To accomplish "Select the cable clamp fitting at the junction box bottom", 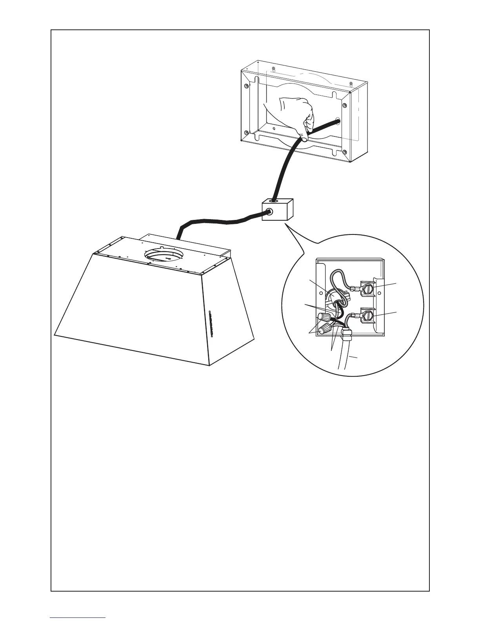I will tap(347, 334).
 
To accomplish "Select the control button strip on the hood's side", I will tap(211, 323).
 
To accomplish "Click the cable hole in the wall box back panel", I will tap(337, 122).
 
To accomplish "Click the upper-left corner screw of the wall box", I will tap(245, 86).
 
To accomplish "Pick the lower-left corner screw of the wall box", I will tap(245, 132).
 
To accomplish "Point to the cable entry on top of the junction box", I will tap(272, 200).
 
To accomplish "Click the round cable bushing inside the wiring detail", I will tap(331, 298).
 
